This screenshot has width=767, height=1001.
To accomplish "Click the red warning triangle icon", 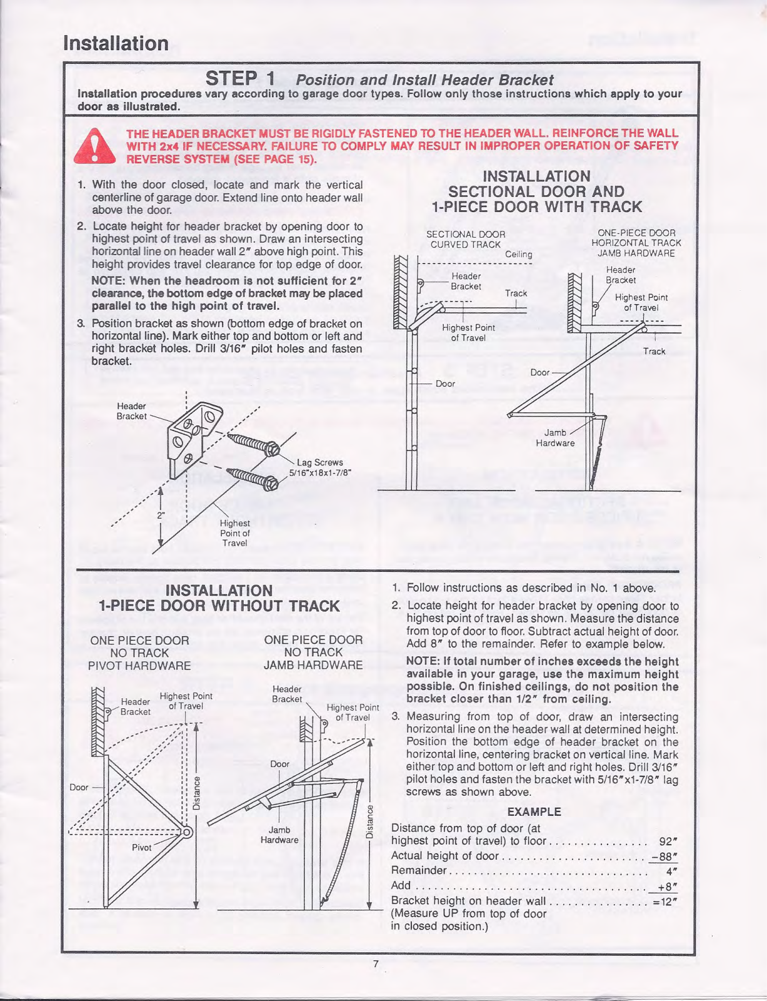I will [94, 146].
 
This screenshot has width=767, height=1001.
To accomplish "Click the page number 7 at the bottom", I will [376, 964].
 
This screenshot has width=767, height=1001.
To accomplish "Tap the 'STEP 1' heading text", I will [240, 79].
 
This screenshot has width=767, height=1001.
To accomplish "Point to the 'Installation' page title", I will [116, 43].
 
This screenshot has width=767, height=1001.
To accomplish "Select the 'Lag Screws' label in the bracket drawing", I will [319, 462].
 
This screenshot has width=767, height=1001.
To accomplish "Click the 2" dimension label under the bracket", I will [161, 516].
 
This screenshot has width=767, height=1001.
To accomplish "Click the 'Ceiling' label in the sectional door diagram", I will [518, 254].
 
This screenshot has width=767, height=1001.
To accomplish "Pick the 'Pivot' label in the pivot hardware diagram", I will [142, 847].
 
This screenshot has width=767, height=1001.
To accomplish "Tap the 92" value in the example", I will [668, 841].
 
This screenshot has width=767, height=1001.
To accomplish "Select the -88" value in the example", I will [664, 856].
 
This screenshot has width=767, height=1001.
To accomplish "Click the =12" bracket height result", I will [665, 901].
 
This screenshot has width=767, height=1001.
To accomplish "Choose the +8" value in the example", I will [667, 886].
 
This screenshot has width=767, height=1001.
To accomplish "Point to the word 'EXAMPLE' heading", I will [534, 812].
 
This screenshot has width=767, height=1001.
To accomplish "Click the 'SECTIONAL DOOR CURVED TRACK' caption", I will [466, 239].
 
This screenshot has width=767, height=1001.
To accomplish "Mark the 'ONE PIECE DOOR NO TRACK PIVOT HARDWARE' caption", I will [139, 653].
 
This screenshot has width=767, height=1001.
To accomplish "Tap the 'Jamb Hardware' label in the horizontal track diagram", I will [555, 437].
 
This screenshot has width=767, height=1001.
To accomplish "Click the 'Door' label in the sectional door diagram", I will [445, 384].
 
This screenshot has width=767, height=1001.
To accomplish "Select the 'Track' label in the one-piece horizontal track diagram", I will [654, 351].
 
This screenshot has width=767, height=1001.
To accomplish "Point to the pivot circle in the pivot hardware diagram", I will [187, 831].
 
